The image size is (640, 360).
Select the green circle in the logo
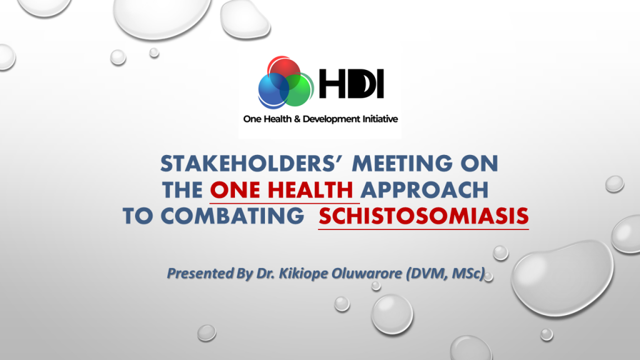296,89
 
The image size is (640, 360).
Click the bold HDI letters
351,84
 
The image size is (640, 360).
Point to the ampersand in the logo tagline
297,119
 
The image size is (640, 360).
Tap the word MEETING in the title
402,163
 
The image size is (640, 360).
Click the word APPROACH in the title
424,190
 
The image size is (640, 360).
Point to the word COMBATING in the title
232,216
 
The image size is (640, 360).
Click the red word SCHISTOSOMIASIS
424,216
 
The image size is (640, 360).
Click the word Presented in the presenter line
200,274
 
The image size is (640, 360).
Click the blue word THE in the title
182,190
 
